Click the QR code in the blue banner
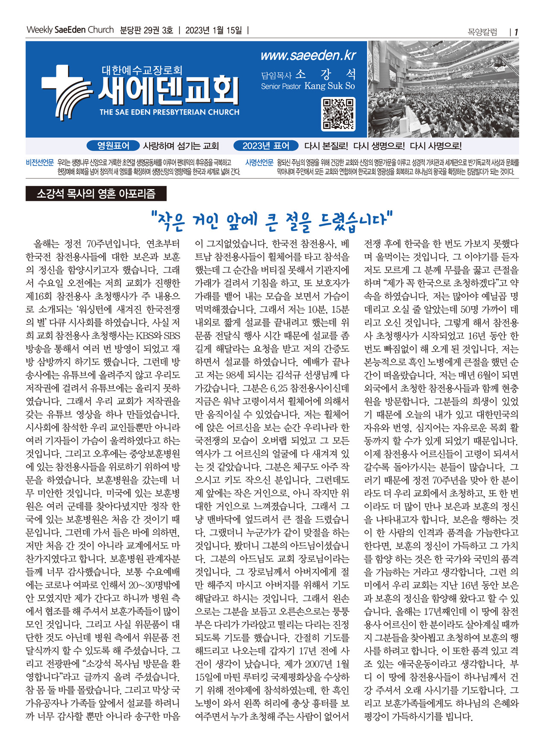[338, 114]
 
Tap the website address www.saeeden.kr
[308, 56]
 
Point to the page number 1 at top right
[516, 32]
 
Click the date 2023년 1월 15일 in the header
[214, 30]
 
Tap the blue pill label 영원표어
[113, 146]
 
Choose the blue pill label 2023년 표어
[266, 146]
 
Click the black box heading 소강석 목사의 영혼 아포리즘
[96, 194]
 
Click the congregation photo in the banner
[443, 89]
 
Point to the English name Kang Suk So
[329, 86]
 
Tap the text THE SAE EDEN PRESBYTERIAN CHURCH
[169, 112]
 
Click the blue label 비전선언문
[40, 163]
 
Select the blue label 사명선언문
[259, 163]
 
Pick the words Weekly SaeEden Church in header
[70, 30]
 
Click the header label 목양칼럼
[482, 32]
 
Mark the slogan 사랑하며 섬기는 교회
[181, 146]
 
